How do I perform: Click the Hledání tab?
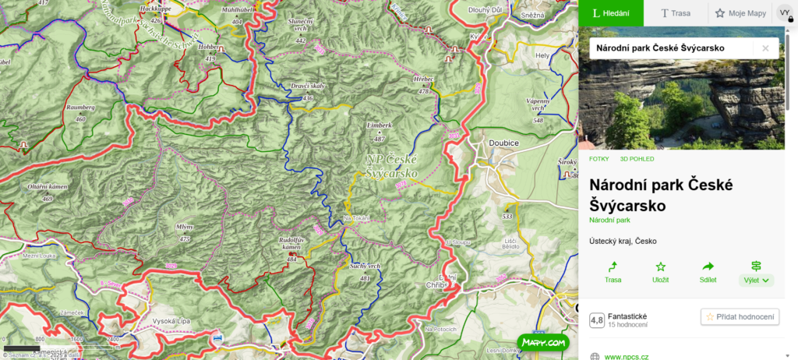[610, 13]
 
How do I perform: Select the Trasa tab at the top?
[675, 13]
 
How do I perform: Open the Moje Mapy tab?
[740, 13]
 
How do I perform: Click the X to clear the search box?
[765, 48]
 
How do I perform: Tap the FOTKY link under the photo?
[599, 159]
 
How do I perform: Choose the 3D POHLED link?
[637, 159]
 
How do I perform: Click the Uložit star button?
[660, 272]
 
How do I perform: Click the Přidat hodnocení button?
[740, 316]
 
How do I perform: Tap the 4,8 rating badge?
[597, 319]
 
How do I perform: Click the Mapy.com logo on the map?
[543, 342]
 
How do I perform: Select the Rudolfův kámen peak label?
[291, 243]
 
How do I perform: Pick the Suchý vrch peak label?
[364, 266]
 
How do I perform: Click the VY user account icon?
[784, 13]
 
